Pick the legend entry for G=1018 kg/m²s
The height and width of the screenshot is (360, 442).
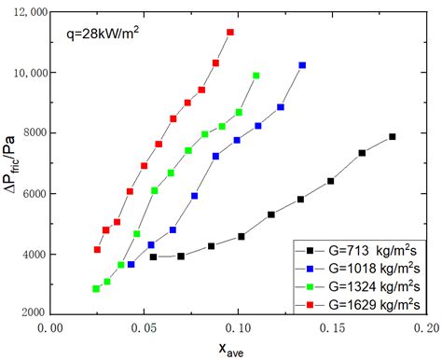pos(360,268)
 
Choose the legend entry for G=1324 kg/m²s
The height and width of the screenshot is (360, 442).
pos(360,284)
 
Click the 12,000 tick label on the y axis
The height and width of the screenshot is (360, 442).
pos(34,11)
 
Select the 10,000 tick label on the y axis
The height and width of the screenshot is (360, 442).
pos(34,73)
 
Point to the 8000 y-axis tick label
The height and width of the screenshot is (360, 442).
pos(37,133)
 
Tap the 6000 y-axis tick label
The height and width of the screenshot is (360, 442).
pos(37,194)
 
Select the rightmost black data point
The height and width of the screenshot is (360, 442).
pos(393,137)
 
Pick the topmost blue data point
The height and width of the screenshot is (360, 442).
pos(302,65)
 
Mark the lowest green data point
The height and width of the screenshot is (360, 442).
pos(96,289)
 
